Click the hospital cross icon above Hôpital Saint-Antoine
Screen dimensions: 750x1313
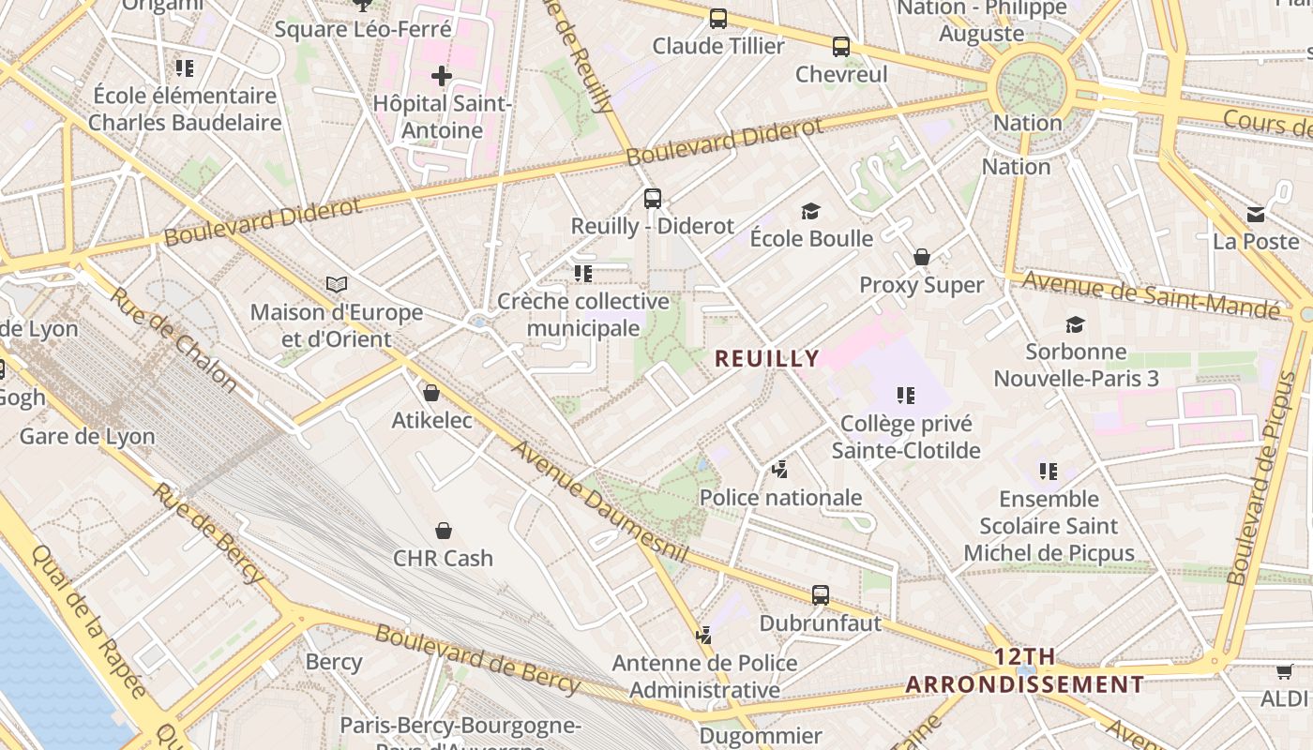pos(442,76)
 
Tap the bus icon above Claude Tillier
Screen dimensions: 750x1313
pos(718,18)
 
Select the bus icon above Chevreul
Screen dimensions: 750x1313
pos(841,46)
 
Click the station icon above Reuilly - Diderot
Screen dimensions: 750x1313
pos(653,199)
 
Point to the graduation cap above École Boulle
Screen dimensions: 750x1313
pos(811,212)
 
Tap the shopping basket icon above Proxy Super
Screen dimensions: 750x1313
pos(922,257)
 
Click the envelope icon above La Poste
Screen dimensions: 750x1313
pos(1256,215)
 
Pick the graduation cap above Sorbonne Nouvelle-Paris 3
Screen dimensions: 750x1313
pos(1076,325)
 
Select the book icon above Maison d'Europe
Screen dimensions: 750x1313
pos(337,284)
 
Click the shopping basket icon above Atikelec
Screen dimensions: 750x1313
pos(431,393)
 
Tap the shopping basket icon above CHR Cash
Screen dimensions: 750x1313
pos(444,531)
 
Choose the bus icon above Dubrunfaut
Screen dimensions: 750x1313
pos(821,594)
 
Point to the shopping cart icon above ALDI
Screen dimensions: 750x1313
pos(1284,671)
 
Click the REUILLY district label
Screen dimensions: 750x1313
pos(767,358)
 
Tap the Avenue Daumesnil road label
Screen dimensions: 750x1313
pos(600,502)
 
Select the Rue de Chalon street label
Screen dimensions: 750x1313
pos(174,338)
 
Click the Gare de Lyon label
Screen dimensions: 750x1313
pos(87,436)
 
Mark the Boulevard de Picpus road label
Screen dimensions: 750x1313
pos(1267,478)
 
